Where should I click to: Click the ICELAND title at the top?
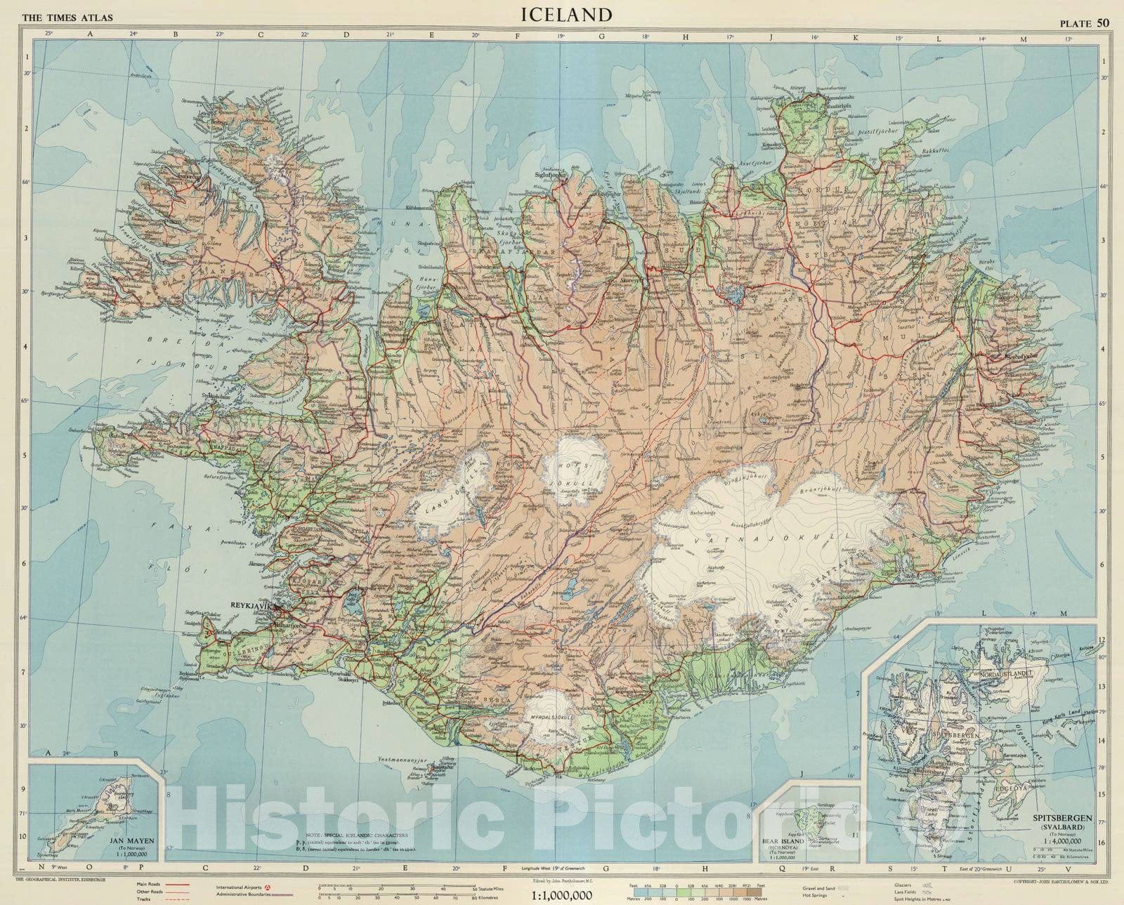click(566, 14)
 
